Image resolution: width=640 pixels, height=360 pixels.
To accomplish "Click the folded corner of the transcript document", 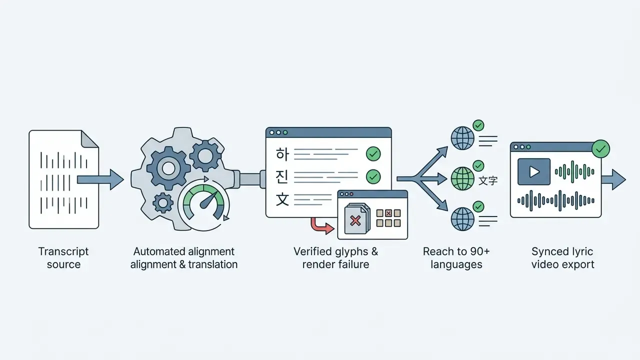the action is tap(89, 139).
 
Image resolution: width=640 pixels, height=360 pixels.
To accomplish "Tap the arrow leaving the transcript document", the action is tap(100, 179).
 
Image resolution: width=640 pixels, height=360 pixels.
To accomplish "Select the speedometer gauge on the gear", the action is tap(203, 203).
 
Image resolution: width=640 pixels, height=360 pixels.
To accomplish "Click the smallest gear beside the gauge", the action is tap(163, 203).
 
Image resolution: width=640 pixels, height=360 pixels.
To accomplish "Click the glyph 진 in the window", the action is tap(282, 177).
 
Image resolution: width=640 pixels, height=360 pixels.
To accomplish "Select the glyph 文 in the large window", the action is tap(282, 199).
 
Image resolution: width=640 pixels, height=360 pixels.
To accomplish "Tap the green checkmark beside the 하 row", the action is tap(373, 154).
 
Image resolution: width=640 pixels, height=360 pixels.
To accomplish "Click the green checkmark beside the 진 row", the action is tap(373, 176).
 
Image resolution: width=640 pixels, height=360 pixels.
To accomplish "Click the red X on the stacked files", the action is tap(355, 221).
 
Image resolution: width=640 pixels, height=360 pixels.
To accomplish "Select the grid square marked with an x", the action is tap(388, 213).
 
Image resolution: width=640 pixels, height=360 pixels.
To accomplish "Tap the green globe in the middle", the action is tap(462, 179).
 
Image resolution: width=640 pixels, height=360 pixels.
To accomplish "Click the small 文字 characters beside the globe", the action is tap(488, 180).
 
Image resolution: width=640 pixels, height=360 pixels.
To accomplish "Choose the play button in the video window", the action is tap(533, 171).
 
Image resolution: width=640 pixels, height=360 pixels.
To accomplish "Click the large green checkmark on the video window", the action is tap(600, 148).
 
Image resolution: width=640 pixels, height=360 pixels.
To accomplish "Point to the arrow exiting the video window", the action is tap(613, 179).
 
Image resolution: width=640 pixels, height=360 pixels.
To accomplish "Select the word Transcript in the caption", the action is tap(63, 251).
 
